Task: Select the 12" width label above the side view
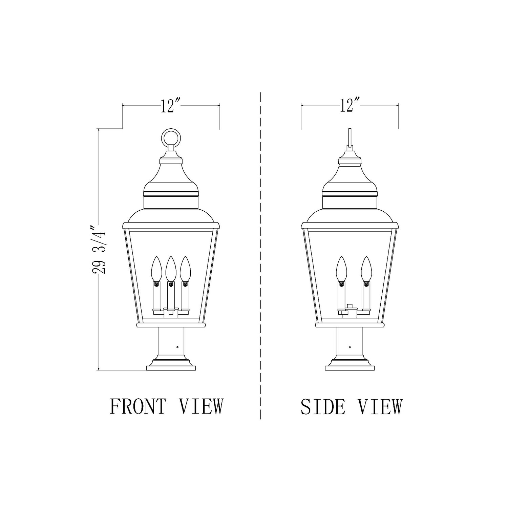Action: [349, 105]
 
